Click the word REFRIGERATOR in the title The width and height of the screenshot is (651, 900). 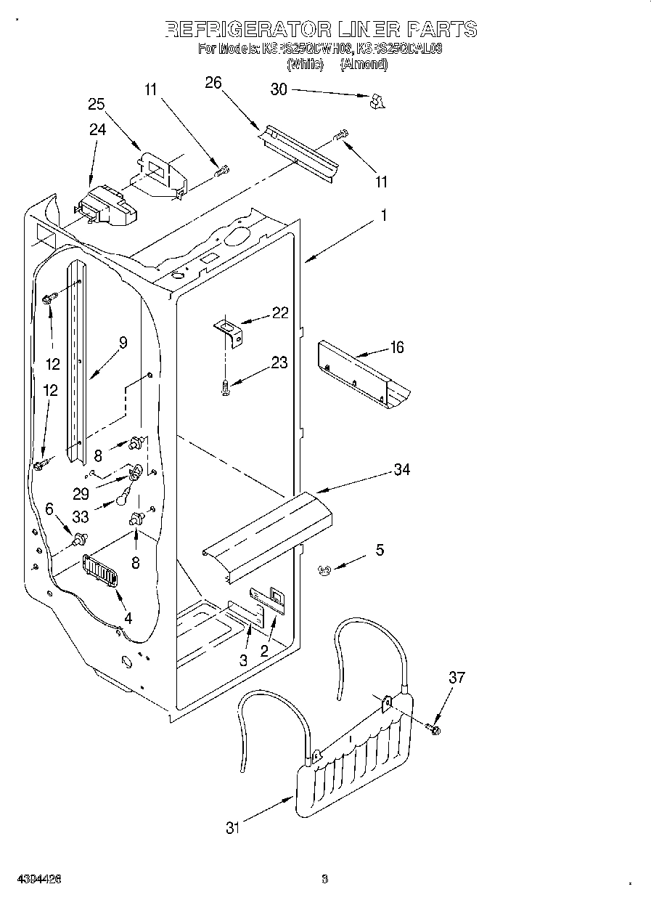click(246, 29)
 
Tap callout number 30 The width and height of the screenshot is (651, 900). click(279, 89)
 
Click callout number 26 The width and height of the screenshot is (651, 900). click(213, 82)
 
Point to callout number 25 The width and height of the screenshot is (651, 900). click(97, 104)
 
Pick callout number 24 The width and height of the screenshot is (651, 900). click(97, 129)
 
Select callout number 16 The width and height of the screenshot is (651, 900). click(396, 347)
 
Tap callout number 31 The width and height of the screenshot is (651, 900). click(232, 827)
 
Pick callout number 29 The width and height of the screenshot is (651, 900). click(81, 493)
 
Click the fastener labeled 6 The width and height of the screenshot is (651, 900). click(79, 538)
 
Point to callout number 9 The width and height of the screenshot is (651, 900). click(123, 343)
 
